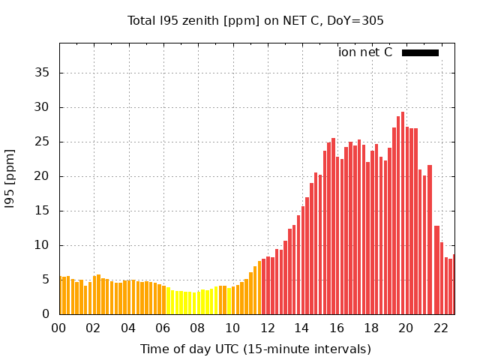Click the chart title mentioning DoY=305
point(255,21)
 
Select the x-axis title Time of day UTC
point(255,349)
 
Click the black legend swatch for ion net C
point(420,52)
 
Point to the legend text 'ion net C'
point(365,52)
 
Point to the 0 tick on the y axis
point(47,314)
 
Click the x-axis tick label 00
point(58,328)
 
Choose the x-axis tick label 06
point(163,328)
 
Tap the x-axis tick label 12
point(267,328)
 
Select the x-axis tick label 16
point(336,328)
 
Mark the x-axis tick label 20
point(406,328)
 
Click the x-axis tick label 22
point(440,328)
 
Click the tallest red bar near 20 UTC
point(403,214)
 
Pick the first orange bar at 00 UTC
point(61,295)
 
